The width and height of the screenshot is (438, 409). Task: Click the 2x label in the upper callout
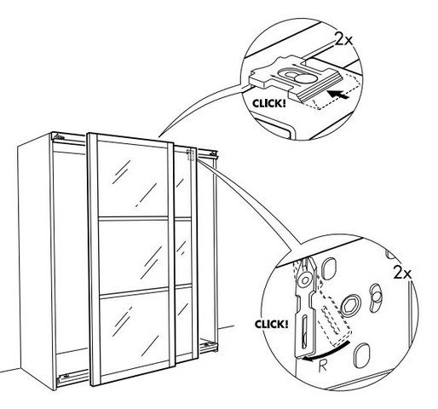point(343,38)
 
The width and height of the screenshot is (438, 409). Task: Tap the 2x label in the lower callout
point(402,273)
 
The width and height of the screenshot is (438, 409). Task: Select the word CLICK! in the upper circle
point(268,103)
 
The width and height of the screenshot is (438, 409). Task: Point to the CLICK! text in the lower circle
point(271,324)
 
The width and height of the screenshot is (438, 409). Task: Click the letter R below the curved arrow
point(323,366)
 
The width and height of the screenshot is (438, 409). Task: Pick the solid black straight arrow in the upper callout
point(337,95)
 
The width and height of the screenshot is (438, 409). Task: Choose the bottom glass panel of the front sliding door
point(135,332)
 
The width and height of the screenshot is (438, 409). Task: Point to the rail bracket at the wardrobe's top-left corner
point(58,136)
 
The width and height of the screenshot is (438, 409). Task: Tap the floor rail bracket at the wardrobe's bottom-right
point(209,346)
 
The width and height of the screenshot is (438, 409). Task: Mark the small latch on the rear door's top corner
point(190,155)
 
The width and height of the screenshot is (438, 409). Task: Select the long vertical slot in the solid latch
point(304,331)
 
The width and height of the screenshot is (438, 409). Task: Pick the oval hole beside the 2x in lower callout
point(375,297)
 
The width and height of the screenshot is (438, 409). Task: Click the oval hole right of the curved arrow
point(362,355)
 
